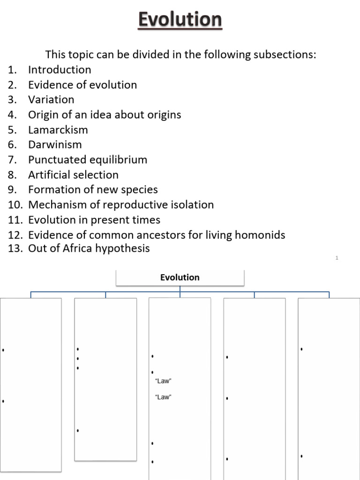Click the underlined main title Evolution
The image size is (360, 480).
[180, 20]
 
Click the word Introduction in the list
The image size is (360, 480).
[60, 70]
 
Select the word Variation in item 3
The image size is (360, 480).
[51, 100]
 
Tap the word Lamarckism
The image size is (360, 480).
[58, 130]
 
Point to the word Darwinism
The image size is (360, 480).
[55, 145]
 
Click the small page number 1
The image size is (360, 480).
[337, 258]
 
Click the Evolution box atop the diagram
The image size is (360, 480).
[180, 277]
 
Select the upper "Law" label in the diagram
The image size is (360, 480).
[163, 381]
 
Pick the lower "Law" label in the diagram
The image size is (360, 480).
[163, 397]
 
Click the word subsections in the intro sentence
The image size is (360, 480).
[285, 55]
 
